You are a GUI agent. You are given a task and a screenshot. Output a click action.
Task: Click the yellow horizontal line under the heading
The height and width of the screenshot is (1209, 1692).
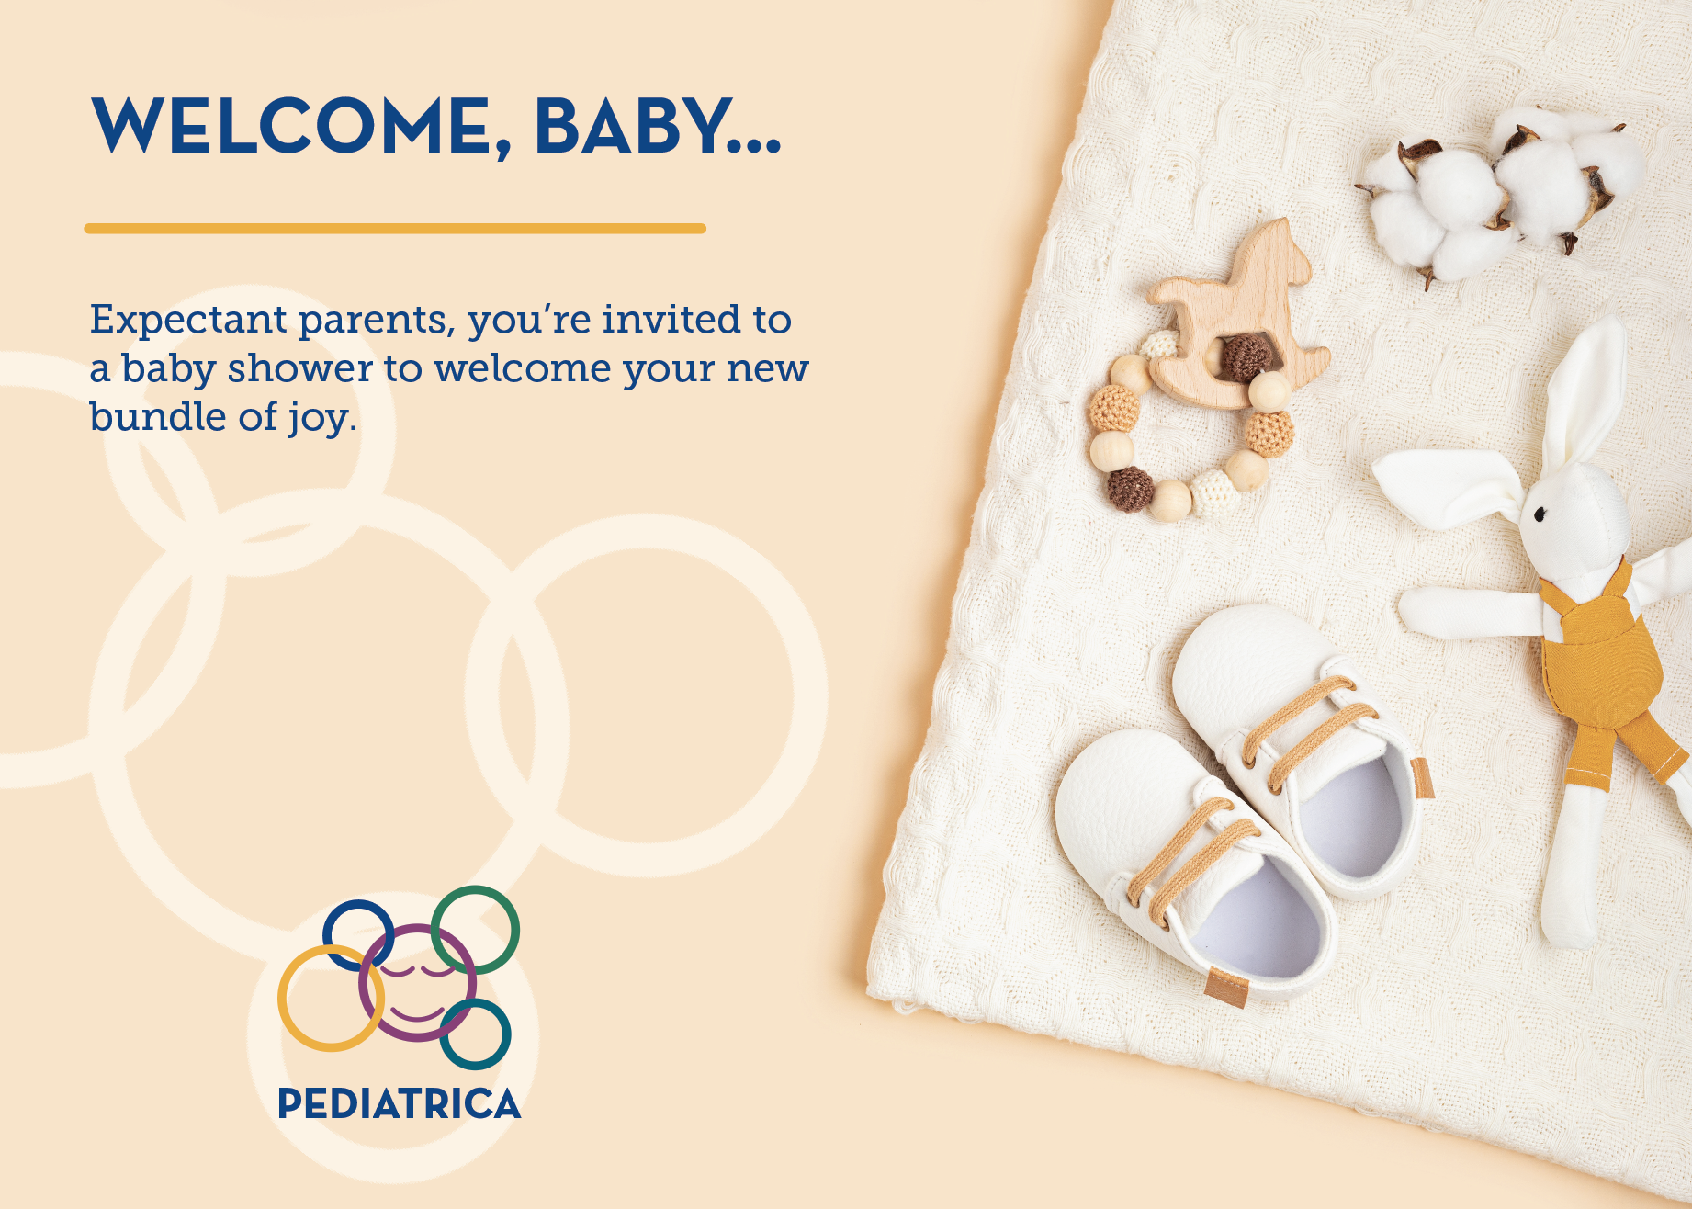pyautogui.click(x=395, y=228)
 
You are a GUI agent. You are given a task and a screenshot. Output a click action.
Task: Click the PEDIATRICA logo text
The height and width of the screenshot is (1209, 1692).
pyautogui.click(x=399, y=1104)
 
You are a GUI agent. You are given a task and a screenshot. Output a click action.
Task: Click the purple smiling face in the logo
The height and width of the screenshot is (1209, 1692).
pyautogui.click(x=417, y=983)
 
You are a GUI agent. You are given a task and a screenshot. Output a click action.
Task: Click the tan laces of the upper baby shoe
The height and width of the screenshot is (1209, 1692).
pyautogui.click(x=1309, y=730)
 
